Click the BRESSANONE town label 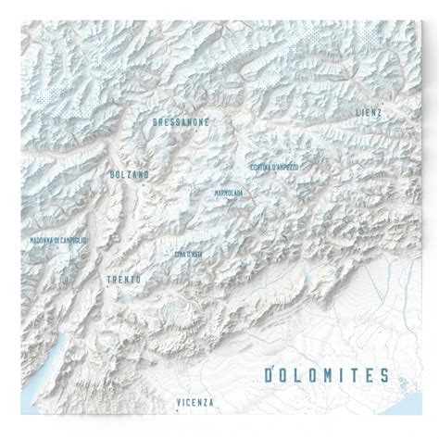181,122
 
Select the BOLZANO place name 128,174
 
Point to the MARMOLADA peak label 228,194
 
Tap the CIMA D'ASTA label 188,253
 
